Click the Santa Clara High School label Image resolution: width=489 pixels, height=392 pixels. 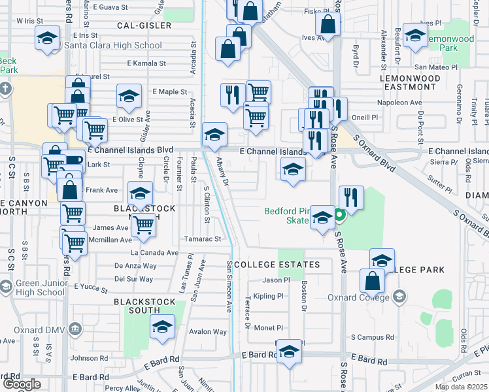coord(113,46)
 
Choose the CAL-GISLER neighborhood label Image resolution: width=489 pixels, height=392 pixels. coord(144,25)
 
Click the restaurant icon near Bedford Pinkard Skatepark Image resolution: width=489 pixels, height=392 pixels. coord(351,197)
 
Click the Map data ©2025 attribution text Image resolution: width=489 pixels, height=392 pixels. coord(461,387)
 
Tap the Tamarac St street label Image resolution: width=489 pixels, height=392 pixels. coord(204,239)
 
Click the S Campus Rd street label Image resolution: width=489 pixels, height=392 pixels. coord(372,338)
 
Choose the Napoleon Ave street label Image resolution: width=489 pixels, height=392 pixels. coord(399,103)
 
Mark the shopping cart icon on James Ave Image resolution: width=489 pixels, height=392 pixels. coord(143,225)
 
